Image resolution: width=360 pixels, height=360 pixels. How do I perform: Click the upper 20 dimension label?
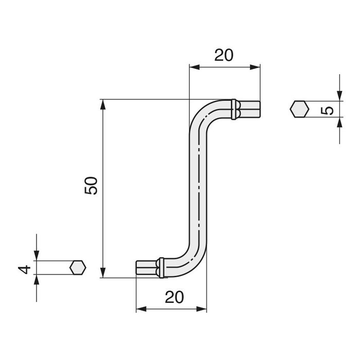pyautogui.click(x=224, y=55)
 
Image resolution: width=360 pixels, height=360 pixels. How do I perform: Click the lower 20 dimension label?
pyautogui.click(x=174, y=297)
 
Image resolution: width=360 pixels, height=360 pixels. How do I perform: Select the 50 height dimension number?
pyautogui.click(x=91, y=186)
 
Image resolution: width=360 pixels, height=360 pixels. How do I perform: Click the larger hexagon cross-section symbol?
pyautogui.click(x=300, y=110)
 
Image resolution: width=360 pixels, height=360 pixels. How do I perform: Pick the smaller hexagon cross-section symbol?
pyautogui.click(x=78, y=268)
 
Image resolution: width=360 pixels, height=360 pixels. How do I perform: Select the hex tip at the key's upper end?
pyautogui.click(x=250, y=110)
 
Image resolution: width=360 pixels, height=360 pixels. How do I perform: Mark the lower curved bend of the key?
pyautogui.click(x=191, y=260)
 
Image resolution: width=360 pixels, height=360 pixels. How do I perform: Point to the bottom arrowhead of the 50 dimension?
pyautogui.click(x=103, y=273)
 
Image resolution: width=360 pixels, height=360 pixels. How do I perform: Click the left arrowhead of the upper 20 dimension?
pyautogui.click(x=194, y=67)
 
